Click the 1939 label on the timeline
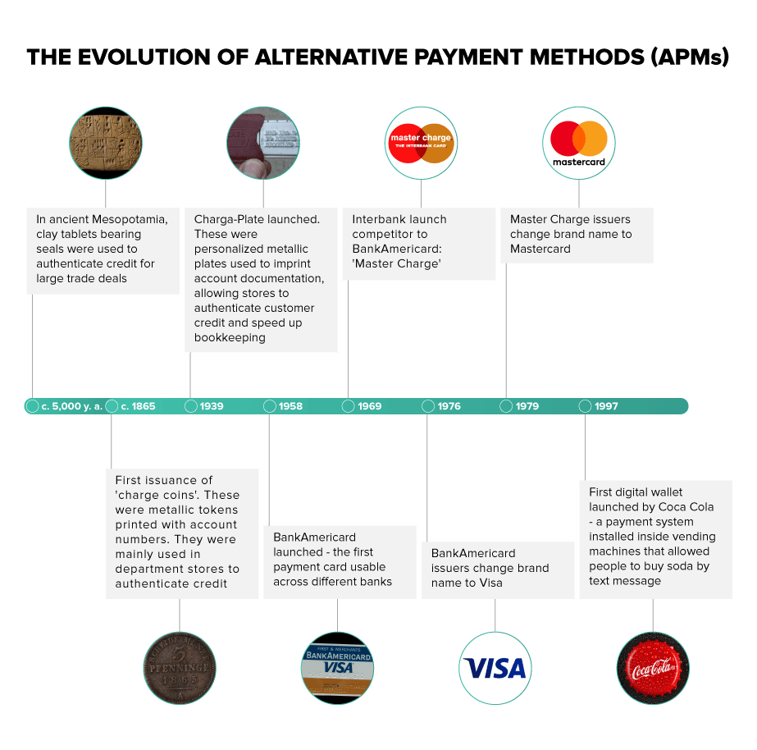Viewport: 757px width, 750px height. [x=212, y=406]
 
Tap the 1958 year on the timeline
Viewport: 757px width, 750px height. [x=290, y=406]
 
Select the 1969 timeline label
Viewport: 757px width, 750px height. [x=369, y=406]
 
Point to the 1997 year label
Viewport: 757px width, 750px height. [x=606, y=406]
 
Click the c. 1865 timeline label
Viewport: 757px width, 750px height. [x=138, y=406]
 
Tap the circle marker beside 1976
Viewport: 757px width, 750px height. [x=428, y=406]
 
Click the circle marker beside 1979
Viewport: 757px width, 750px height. [x=506, y=406]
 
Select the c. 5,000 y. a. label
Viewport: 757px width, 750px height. [x=72, y=406]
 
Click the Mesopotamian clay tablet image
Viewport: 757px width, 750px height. [x=106, y=143]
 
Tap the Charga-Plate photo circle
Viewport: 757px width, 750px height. [x=263, y=143]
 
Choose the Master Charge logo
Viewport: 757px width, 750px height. [x=421, y=143]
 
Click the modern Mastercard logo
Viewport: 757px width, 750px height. [x=579, y=144]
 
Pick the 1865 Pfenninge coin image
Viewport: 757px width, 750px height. [x=180, y=668]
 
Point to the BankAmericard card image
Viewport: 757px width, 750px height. [x=337, y=668]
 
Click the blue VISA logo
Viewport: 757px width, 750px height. [x=495, y=669]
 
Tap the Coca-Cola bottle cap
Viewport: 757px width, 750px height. [x=653, y=668]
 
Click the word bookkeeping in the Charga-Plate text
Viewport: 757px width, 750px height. [x=230, y=337]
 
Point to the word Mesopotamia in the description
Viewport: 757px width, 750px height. [x=130, y=220]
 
